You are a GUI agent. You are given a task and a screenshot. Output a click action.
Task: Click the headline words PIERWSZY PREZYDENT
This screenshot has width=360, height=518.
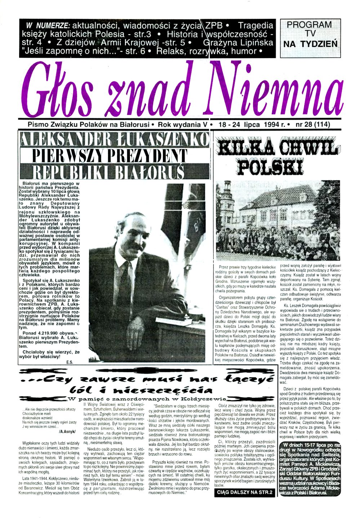(110, 156)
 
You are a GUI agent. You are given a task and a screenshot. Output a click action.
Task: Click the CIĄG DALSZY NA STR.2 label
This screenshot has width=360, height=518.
(244, 492)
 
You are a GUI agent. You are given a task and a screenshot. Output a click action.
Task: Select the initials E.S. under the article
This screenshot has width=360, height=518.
(70, 362)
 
